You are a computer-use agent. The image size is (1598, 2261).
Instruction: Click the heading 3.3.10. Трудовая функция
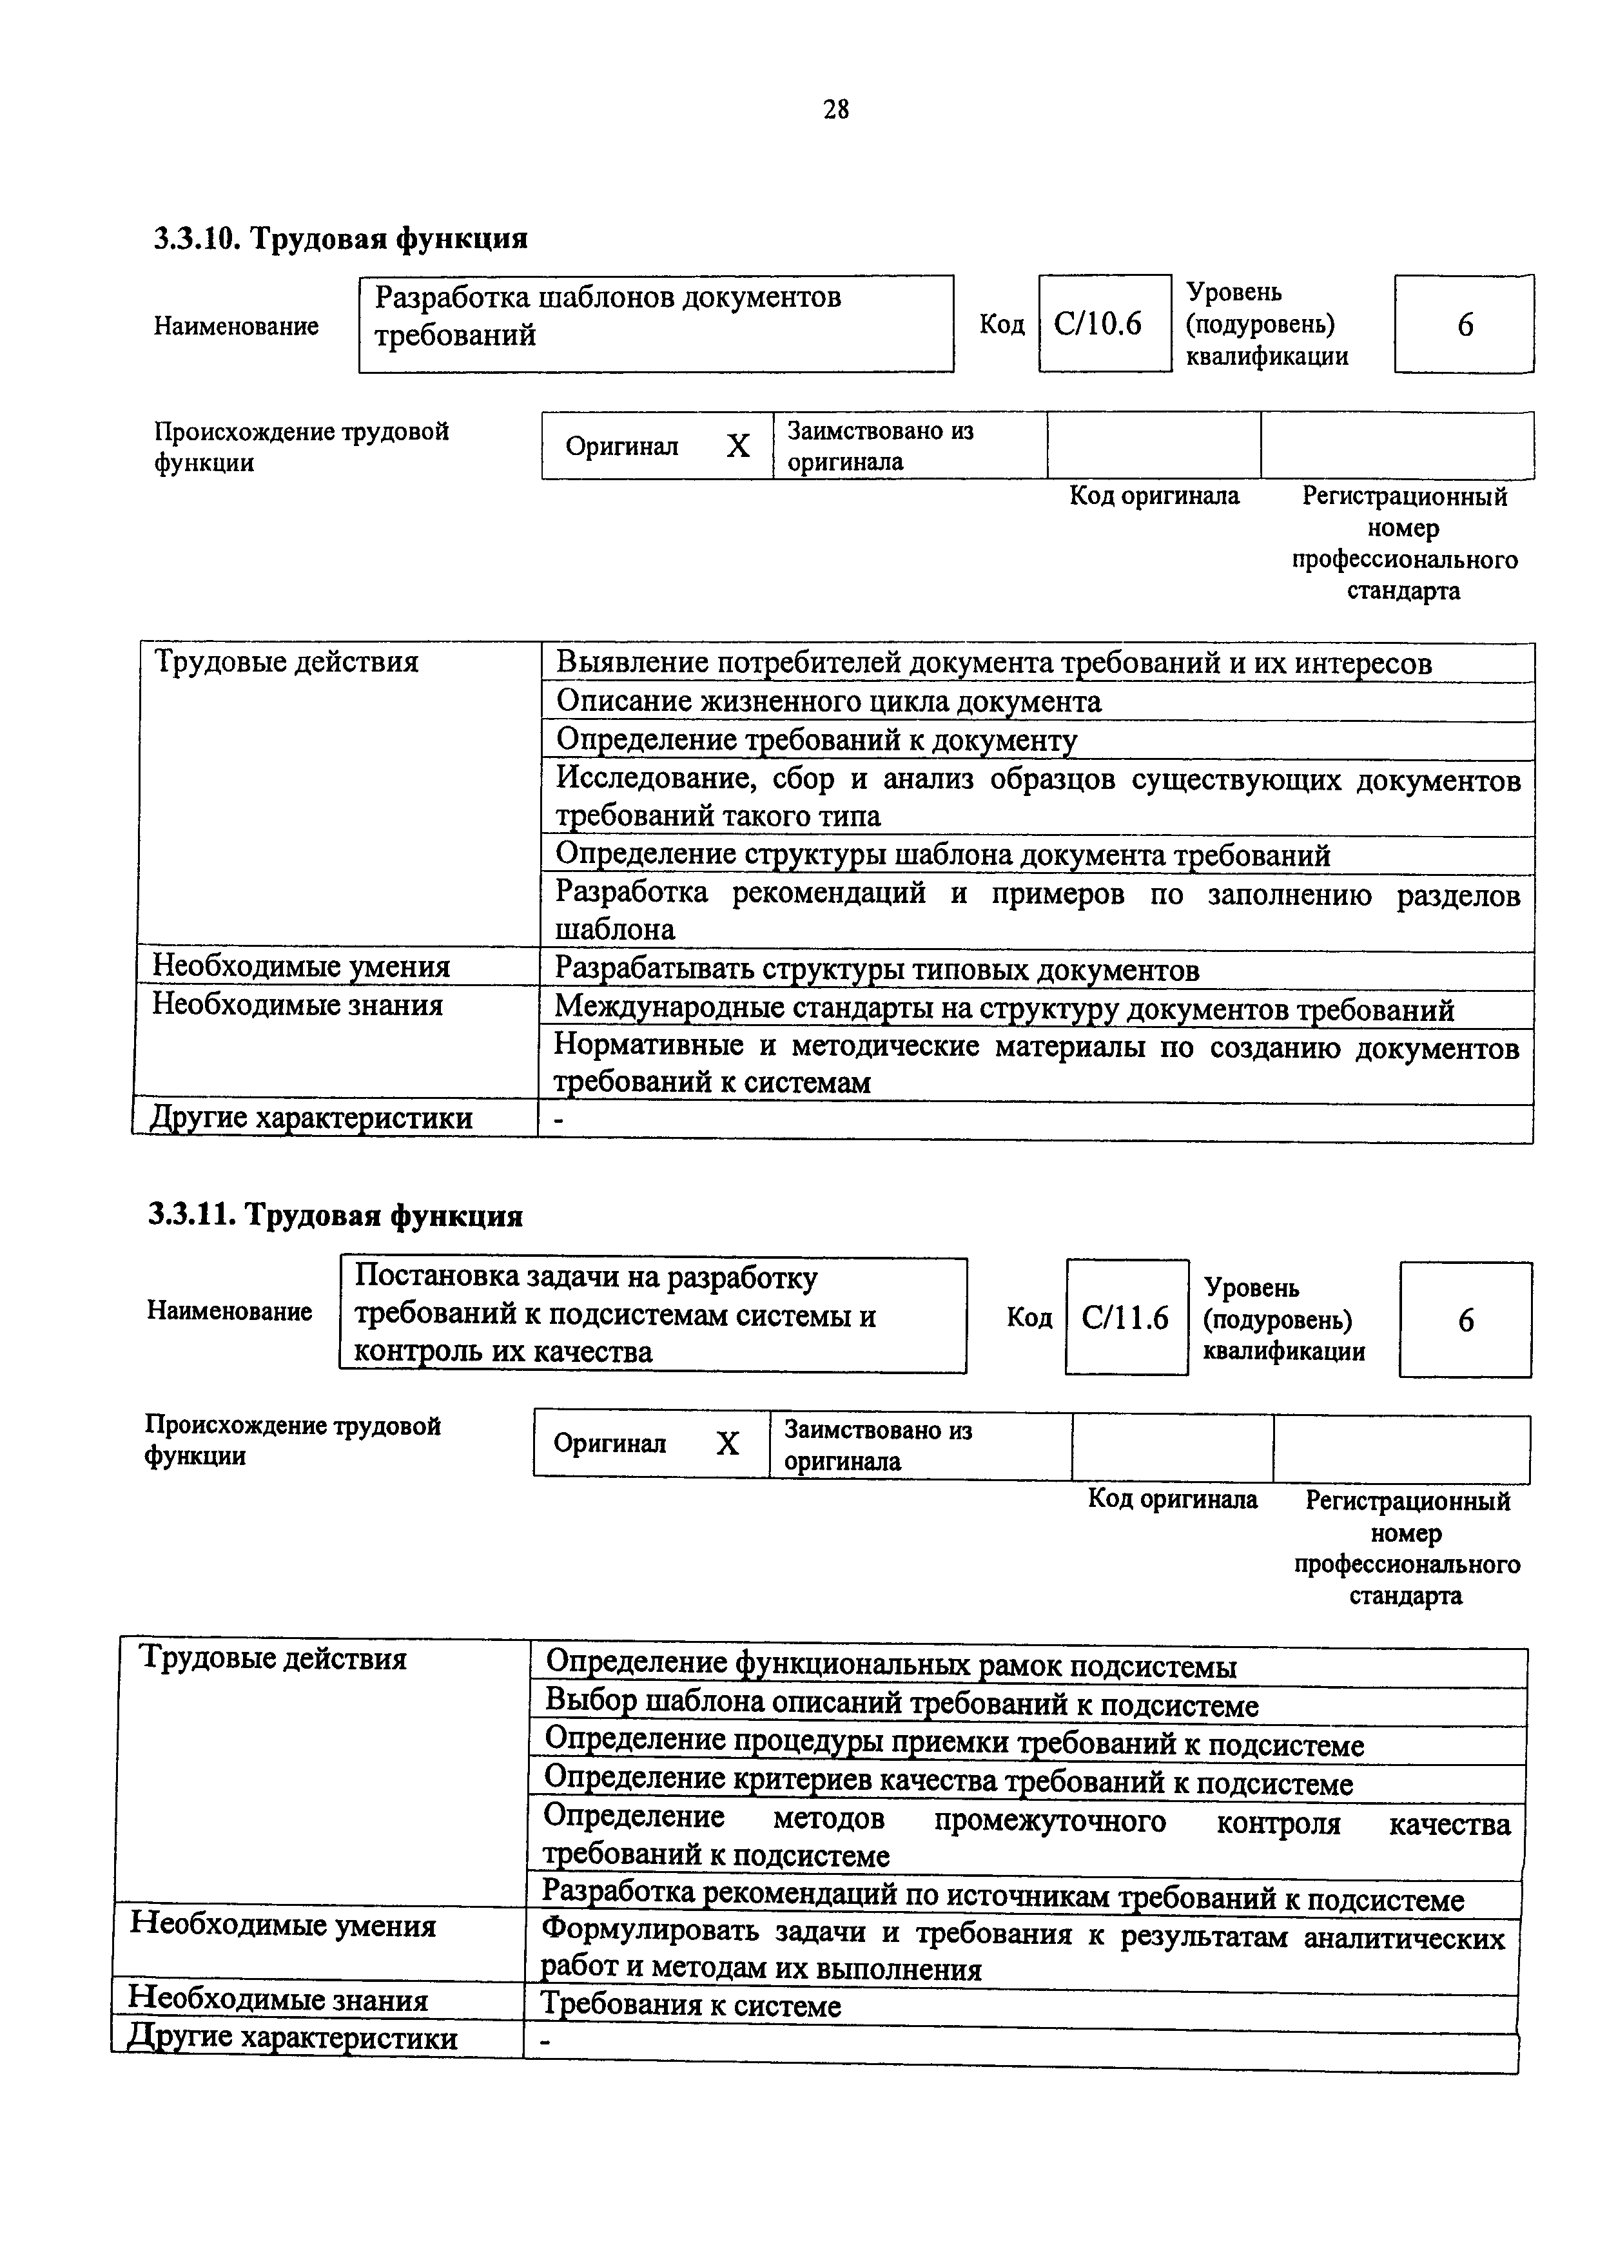click(340, 238)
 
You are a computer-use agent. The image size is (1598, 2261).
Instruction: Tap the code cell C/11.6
click(1125, 1317)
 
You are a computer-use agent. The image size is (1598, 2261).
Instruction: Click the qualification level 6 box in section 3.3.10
click(1464, 324)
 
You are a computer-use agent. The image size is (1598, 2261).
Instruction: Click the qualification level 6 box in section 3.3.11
click(1465, 1319)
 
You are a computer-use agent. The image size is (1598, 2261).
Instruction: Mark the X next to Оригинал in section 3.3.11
click(726, 1444)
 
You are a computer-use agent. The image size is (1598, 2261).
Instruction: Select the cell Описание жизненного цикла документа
click(829, 701)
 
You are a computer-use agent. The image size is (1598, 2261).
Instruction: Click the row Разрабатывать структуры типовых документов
click(877, 970)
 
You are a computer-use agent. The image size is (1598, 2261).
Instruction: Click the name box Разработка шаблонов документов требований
click(656, 323)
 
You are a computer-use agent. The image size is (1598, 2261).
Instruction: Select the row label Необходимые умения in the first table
click(301, 966)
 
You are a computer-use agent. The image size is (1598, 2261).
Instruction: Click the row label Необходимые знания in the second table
click(278, 2000)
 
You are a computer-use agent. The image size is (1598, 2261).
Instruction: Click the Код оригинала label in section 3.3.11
click(1172, 1499)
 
